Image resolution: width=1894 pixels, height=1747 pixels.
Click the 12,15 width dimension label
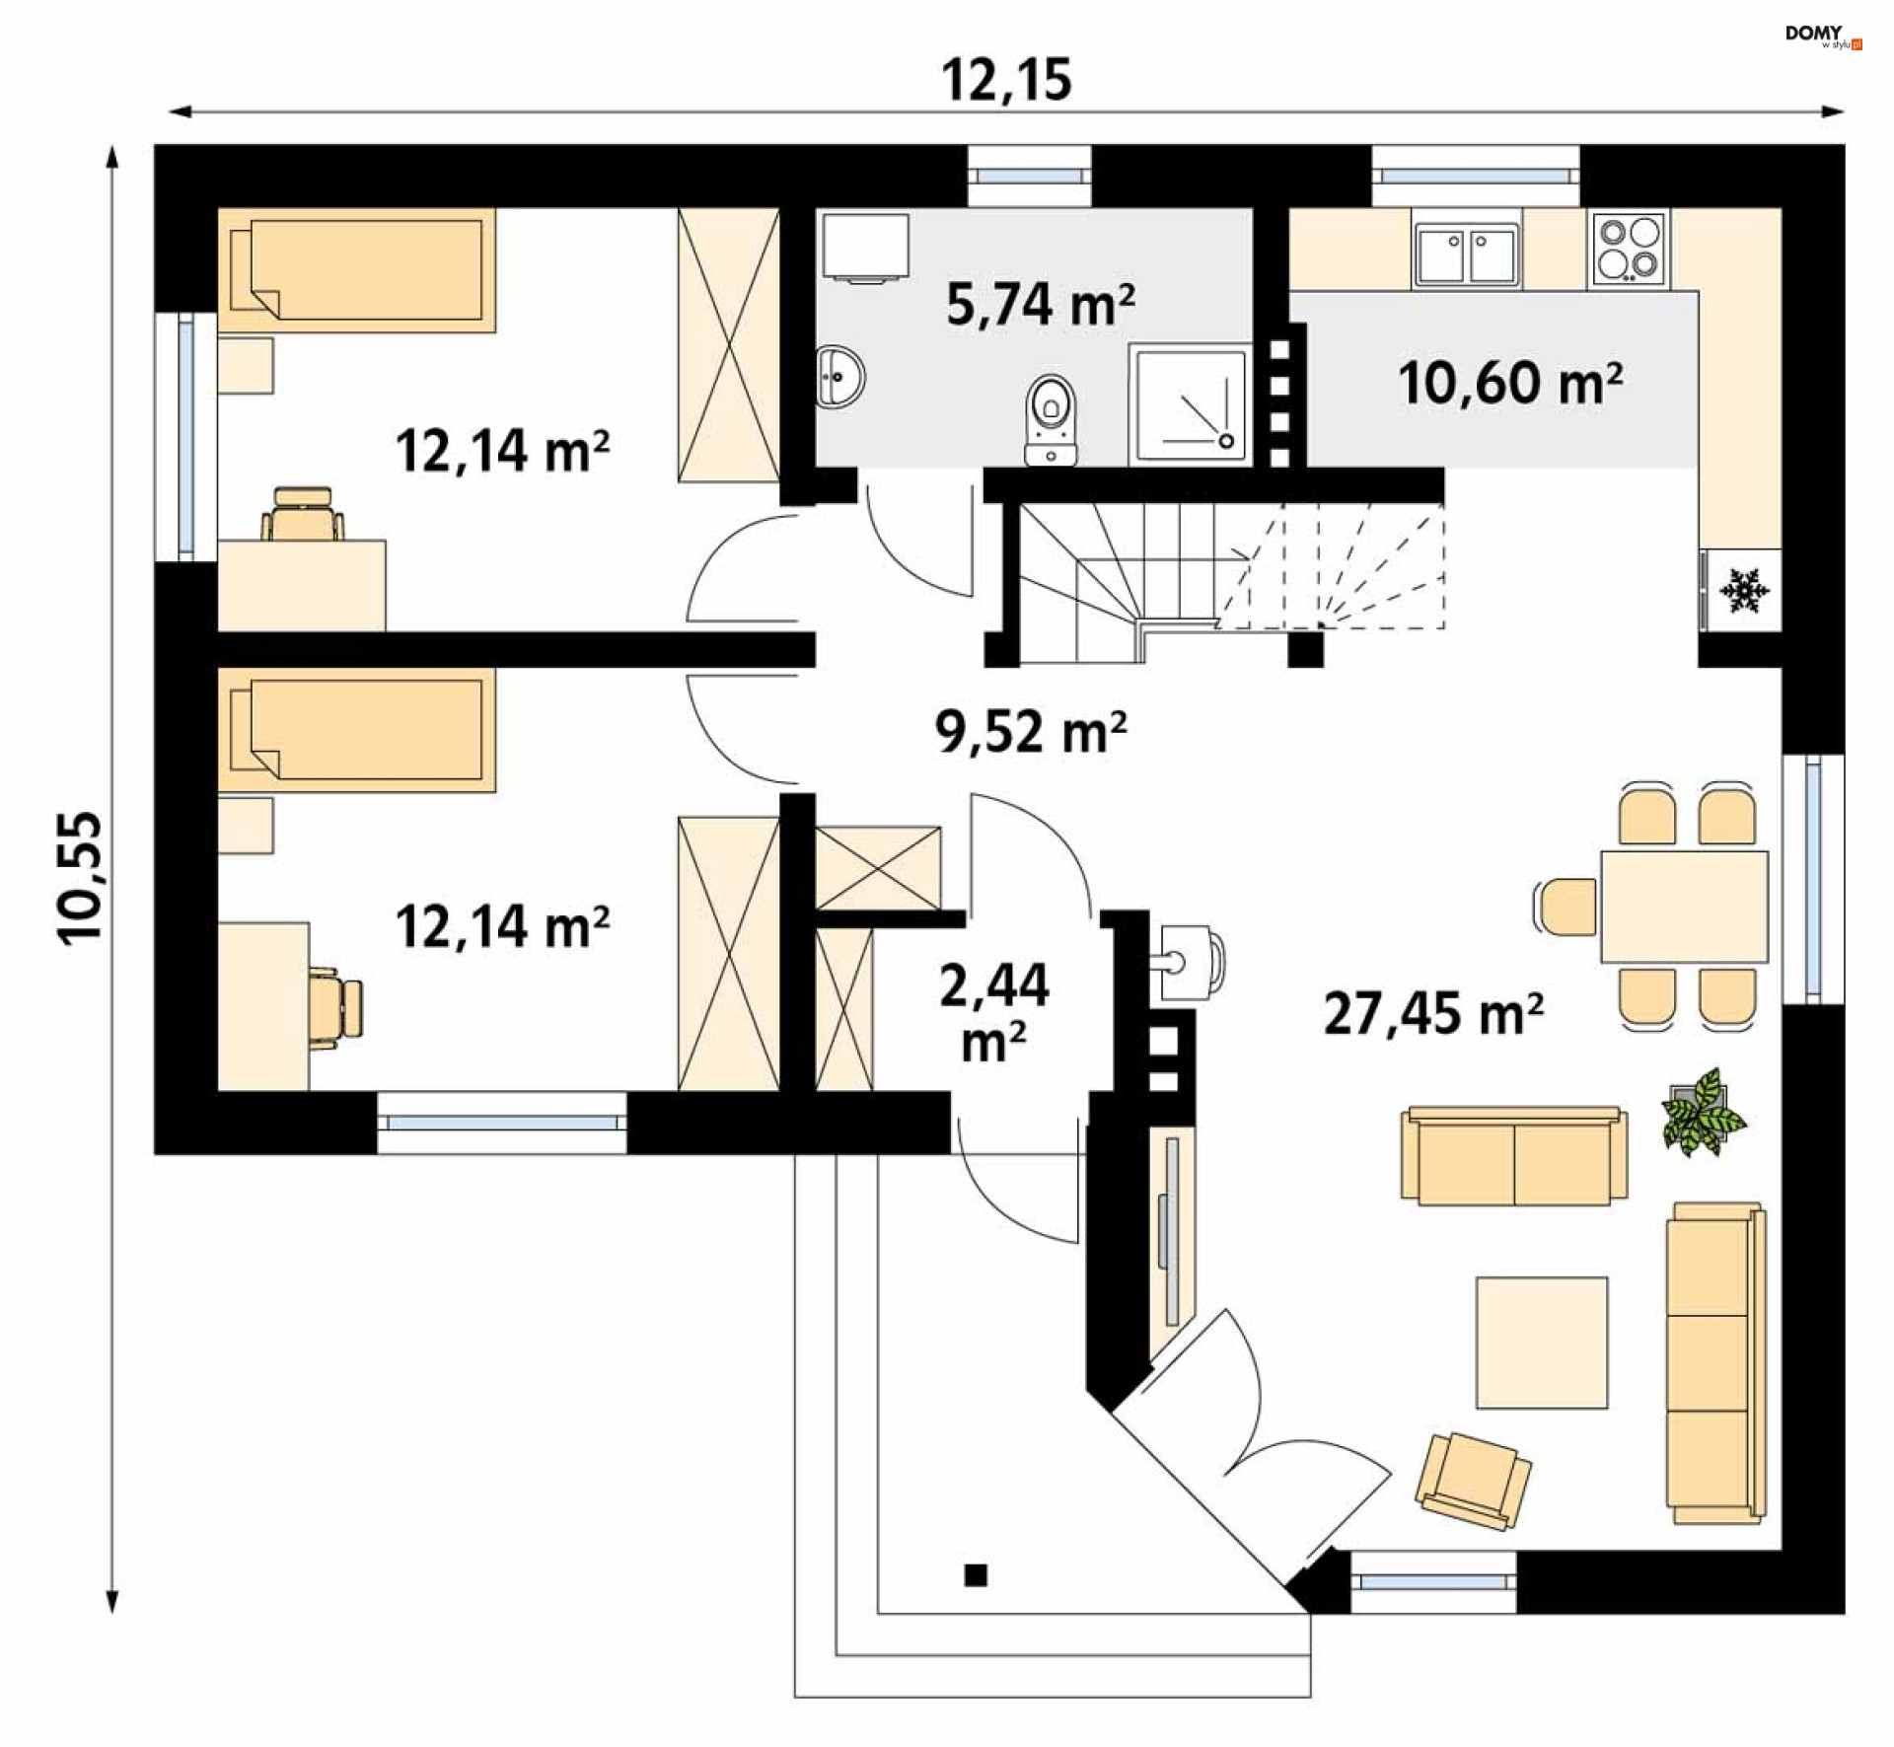(1006, 80)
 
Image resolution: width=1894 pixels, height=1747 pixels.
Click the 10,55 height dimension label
(80, 878)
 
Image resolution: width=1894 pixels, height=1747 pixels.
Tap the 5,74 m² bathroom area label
(1041, 304)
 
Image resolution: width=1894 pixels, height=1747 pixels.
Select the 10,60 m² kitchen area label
(1510, 383)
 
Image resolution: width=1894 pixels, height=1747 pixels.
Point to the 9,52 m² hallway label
(1031, 732)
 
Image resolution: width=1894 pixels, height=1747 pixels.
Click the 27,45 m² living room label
(1433, 1013)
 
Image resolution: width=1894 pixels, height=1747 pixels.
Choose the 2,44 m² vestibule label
(994, 1012)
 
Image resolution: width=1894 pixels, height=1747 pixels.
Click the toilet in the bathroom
(1052, 420)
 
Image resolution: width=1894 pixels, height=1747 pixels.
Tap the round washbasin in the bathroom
(840, 376)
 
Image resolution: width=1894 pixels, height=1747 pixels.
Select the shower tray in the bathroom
(1191, 403)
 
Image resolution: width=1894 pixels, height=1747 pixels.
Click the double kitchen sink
(1466, 254)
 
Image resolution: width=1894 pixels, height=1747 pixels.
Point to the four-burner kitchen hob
(1629, 250)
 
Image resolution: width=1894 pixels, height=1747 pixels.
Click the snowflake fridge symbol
(1745, 590)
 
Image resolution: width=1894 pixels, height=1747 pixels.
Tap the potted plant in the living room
(1703, 1113)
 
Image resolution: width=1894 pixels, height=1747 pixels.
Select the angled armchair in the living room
(1473, 1482)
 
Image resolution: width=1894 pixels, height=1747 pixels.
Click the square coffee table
(1542, 1343)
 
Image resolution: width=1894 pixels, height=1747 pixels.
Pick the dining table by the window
(1684, 907)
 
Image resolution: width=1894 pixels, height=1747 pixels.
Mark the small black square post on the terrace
(976, 1574)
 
